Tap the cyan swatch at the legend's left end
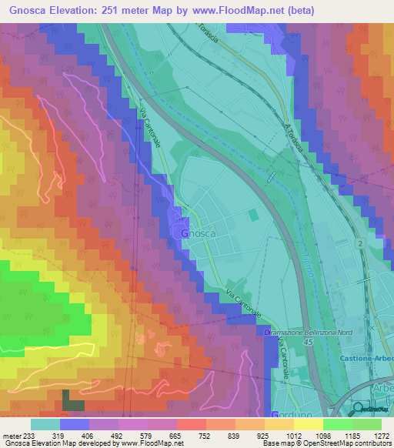[45, 423]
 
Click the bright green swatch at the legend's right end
[366, 423]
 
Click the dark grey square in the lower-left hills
[73, 400]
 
